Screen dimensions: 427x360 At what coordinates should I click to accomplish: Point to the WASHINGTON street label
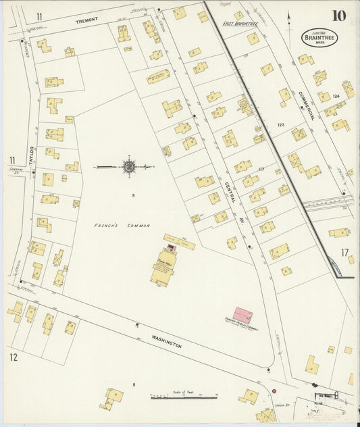click(x=167, y=340)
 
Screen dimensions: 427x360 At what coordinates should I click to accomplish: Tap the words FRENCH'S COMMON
click(x=122, y=225)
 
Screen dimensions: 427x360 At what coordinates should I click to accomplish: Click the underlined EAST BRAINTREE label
click(x=242, y=24)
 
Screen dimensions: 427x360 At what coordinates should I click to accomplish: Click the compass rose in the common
click(x=128, y=164)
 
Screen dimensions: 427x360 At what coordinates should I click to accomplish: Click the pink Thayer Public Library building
click(x=240, y=313)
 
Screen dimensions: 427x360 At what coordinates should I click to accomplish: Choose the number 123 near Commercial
click(x=281, y=125)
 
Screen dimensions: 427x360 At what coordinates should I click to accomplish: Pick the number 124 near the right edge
click(x=336, y=97)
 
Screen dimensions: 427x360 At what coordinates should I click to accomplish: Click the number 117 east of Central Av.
click(x=261, y=169)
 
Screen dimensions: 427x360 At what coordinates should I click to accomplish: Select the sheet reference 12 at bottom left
click(x=13, y=356)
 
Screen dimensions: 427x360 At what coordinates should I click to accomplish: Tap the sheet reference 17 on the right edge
click(x=345, y=253)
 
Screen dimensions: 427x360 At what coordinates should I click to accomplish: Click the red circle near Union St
click(x=274, y=391)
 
